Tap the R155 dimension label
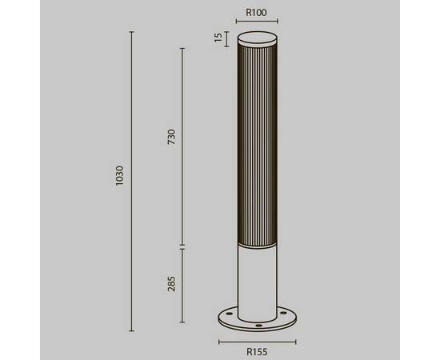coord(257,350)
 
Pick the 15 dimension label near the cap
coord(218,38)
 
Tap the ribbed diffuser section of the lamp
coord(257,144)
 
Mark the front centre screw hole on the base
coord(258,326)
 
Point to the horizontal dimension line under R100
coord(257,23)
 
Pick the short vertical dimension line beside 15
coord(228,39)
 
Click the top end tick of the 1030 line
coord(131,32)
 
